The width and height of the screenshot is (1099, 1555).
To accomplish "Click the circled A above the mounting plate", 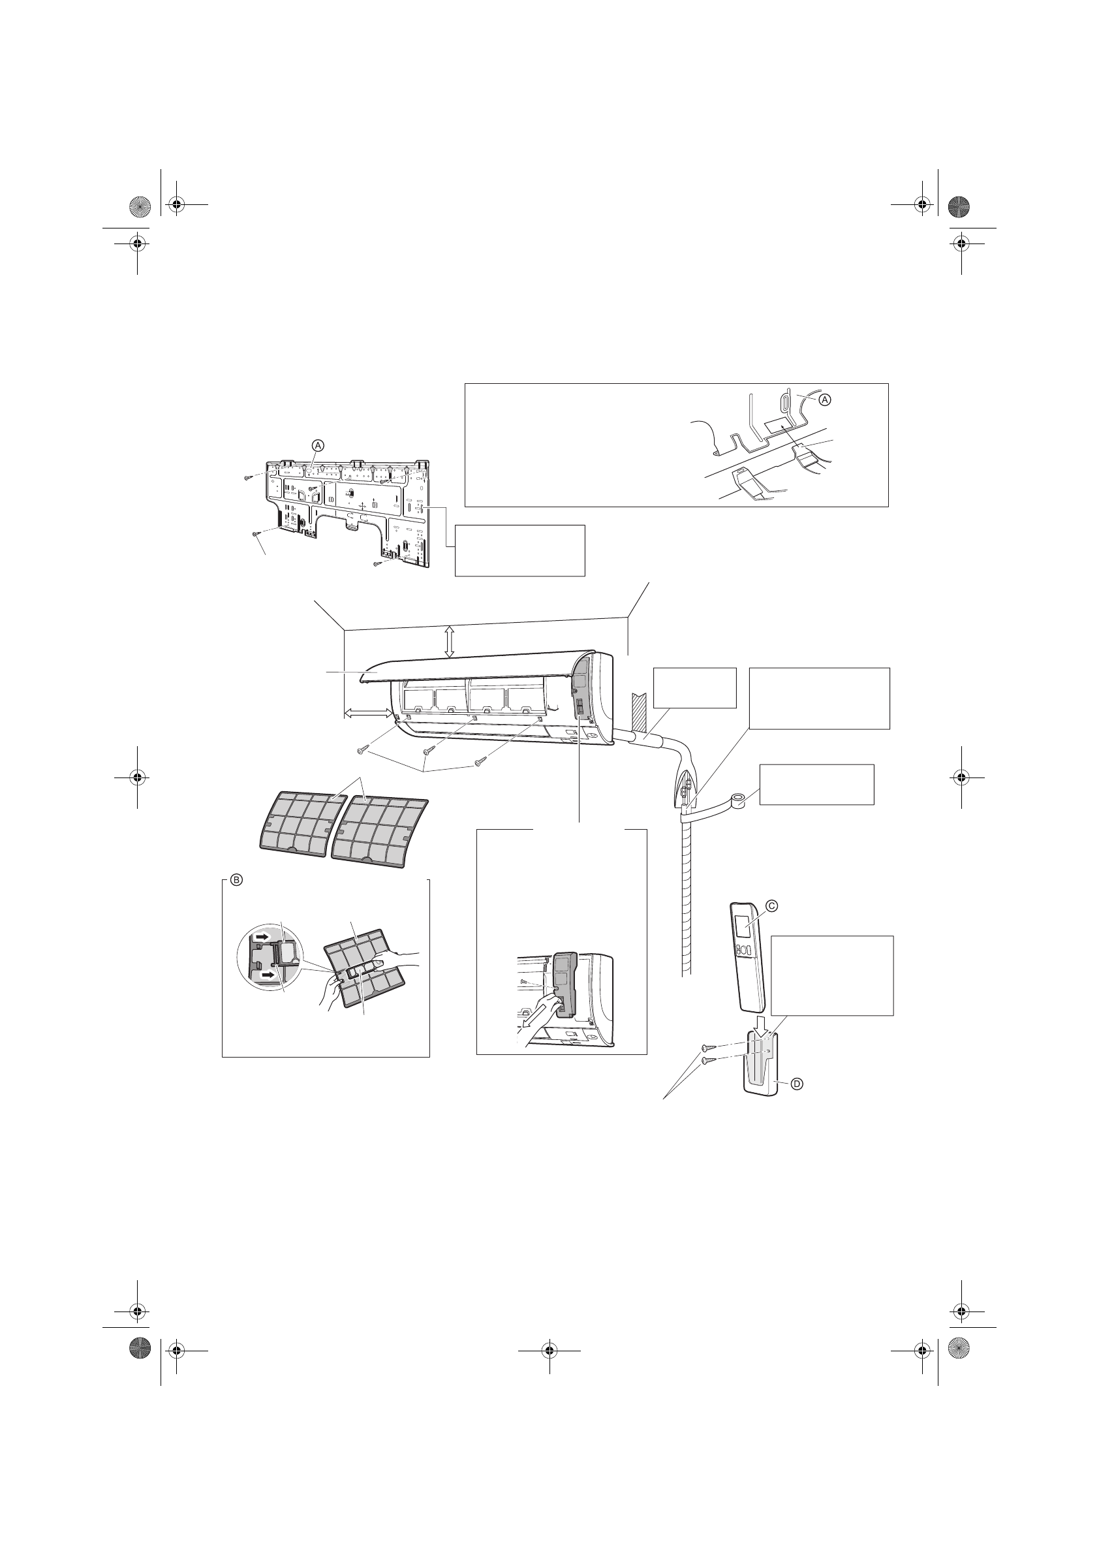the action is tap(318, 445).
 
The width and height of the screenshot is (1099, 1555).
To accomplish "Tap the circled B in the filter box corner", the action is tap(236, 880).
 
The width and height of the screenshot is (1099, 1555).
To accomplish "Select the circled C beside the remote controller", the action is tap(771, 905).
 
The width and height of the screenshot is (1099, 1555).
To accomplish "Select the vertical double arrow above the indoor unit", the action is tap(449, 640).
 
